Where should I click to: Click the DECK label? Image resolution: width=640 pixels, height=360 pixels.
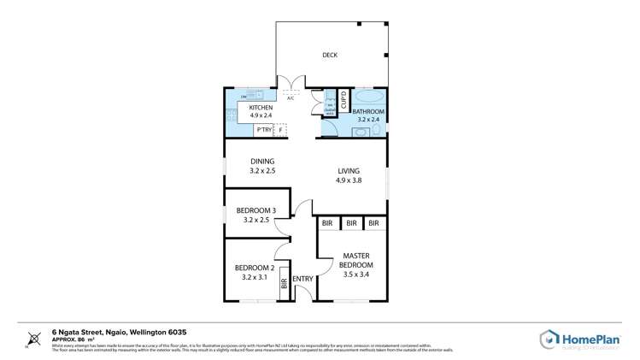(x=330, y=55)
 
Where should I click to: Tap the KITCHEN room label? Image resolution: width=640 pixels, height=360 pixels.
(x=261, y=108)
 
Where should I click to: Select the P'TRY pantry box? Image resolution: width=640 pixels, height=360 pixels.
(x=263, y=130)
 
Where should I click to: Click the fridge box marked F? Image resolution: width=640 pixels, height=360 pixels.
(x=280, y=130)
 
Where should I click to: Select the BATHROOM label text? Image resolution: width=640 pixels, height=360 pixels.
(x=369, y=111)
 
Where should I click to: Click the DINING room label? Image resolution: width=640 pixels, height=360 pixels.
(x=261, y=162)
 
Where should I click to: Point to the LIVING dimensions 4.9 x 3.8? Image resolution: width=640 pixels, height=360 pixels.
(x=349, y=180)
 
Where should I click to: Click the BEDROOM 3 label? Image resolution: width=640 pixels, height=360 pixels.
(x=256, y=210)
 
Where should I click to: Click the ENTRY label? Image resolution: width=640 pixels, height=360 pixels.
(x=302, y=279)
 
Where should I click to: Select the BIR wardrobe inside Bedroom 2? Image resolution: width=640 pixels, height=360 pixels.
(x=284, y=284)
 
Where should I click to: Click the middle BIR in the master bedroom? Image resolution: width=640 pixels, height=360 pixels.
(x=350, y=224)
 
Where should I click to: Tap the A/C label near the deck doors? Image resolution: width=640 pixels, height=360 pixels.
(x=291, y=97)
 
